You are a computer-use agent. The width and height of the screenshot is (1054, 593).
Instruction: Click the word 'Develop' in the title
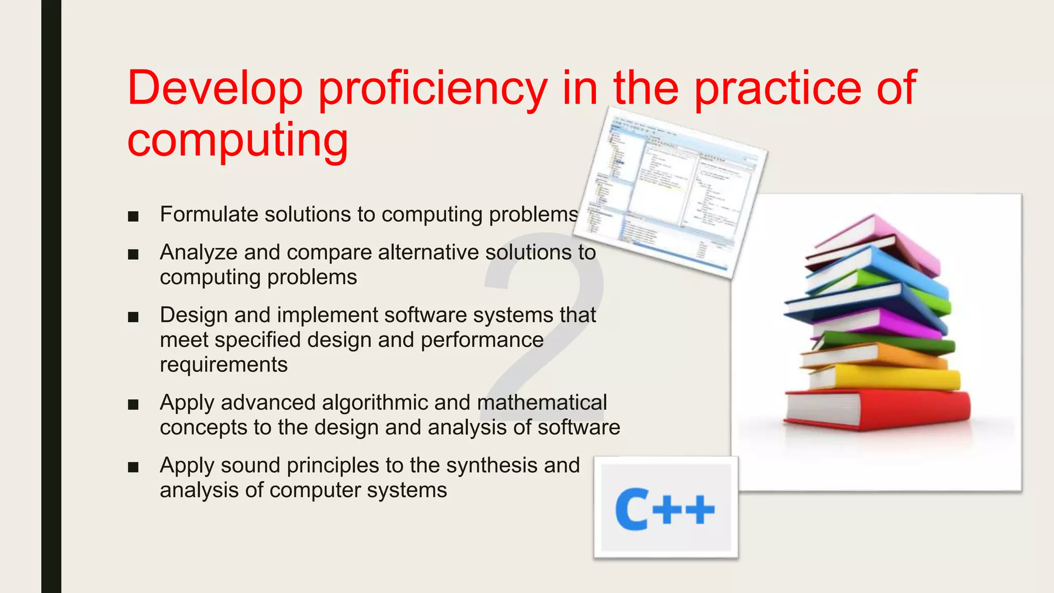(215, 89)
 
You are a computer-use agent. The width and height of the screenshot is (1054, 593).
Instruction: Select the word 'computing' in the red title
(238, 140)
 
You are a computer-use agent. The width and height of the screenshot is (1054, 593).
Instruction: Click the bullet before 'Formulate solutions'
(133, 216)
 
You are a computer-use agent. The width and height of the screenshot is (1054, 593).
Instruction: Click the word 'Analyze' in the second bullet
(198, 252)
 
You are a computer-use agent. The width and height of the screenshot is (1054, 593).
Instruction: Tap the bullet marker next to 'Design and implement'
(133, 317)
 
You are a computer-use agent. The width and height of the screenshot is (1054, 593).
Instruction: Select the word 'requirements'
(223, 364)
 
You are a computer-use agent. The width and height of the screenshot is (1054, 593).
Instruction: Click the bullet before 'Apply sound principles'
(133, 467)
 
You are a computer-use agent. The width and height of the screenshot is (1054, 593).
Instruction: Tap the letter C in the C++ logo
(631, 510)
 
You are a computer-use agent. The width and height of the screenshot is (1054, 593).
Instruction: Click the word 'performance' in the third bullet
(482, 340)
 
